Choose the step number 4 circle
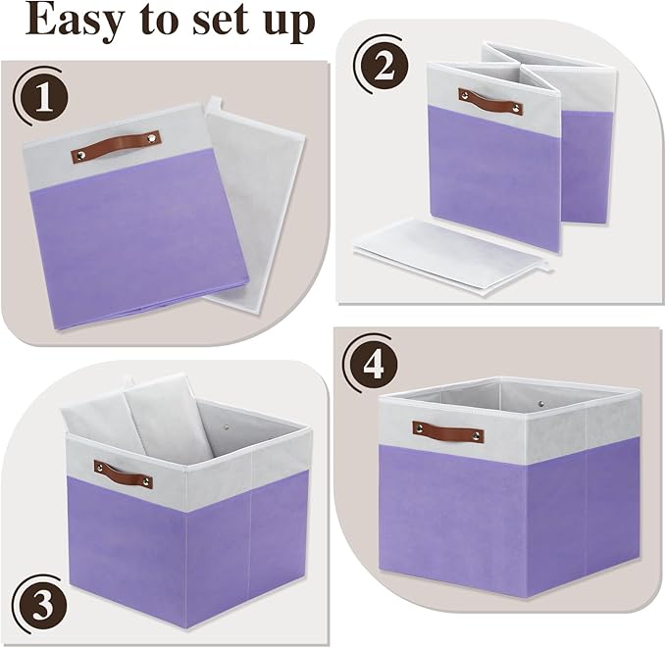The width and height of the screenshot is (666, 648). [371, 366]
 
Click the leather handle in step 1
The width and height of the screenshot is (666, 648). [116, 145]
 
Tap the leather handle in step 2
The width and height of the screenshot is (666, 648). [489, 101]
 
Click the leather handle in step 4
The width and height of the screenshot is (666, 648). [447, 431]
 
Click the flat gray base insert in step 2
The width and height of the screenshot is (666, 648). [441, 250]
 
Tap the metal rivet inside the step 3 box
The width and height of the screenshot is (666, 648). [231, 428]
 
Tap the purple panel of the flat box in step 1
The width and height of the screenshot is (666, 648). [132, 235]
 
